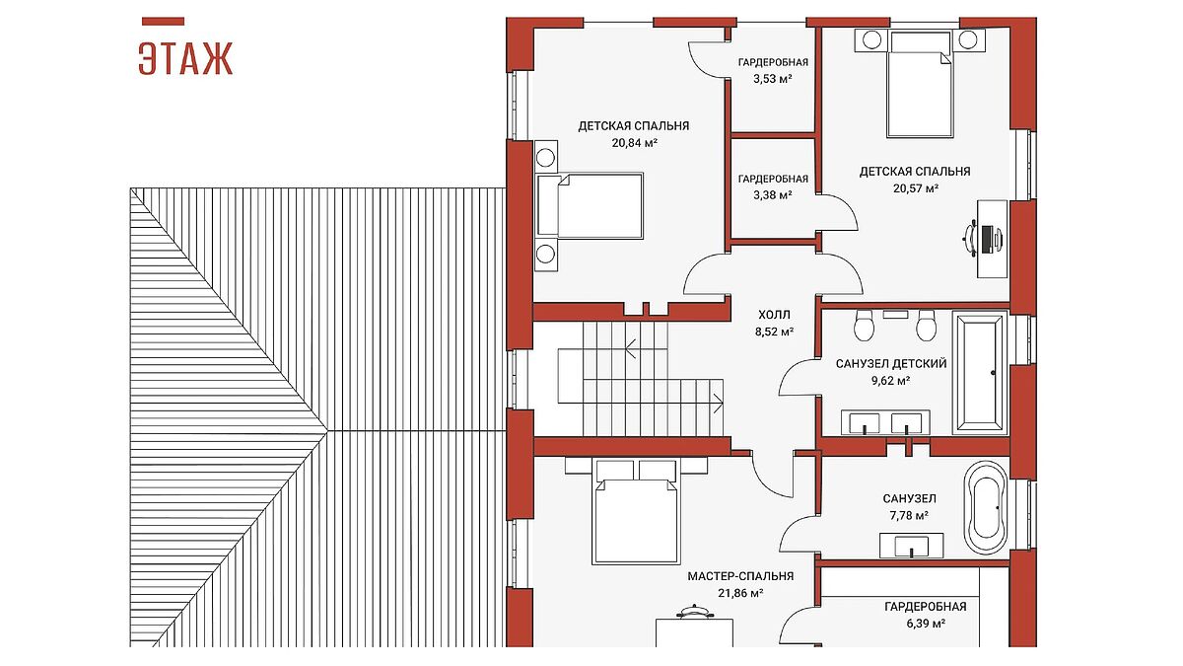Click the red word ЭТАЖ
pyautogui.click(x=185, y=58)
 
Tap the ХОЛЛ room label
pyautogui.click(x=774, y=315)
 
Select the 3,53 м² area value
pyautogui.click(x=773, y=79)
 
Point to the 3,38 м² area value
pyautogui.click(x=773, y=195)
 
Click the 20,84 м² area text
pyautogui.click(x=634, y=143)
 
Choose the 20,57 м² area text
pyautogui.click(x=916, y=188)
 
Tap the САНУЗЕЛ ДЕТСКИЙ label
pyautogui.click(x=891, y=364)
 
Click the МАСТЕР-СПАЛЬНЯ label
pyautogui.click(x=740, y=576)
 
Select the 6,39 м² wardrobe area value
pyautogui.click(x=926, y=624)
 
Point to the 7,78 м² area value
pyautogui.click(x=909, y=515)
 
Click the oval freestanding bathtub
pyautogui.click(x=986, y=508)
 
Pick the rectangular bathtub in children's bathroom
pyautogui.click(x=980, y=372)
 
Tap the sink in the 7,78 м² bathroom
pyautogui.click(x=912, y=546)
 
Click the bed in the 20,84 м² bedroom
pyautogui.click(x=590, y=205)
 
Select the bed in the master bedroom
pyautogui.click(x=636, y=512)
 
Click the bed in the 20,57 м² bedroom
pyautogui.click(x=920, y=85)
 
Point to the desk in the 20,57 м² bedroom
pyautogui.click(x=993, y=239)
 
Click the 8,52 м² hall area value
pyautogui.click(x=774, y=333)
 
